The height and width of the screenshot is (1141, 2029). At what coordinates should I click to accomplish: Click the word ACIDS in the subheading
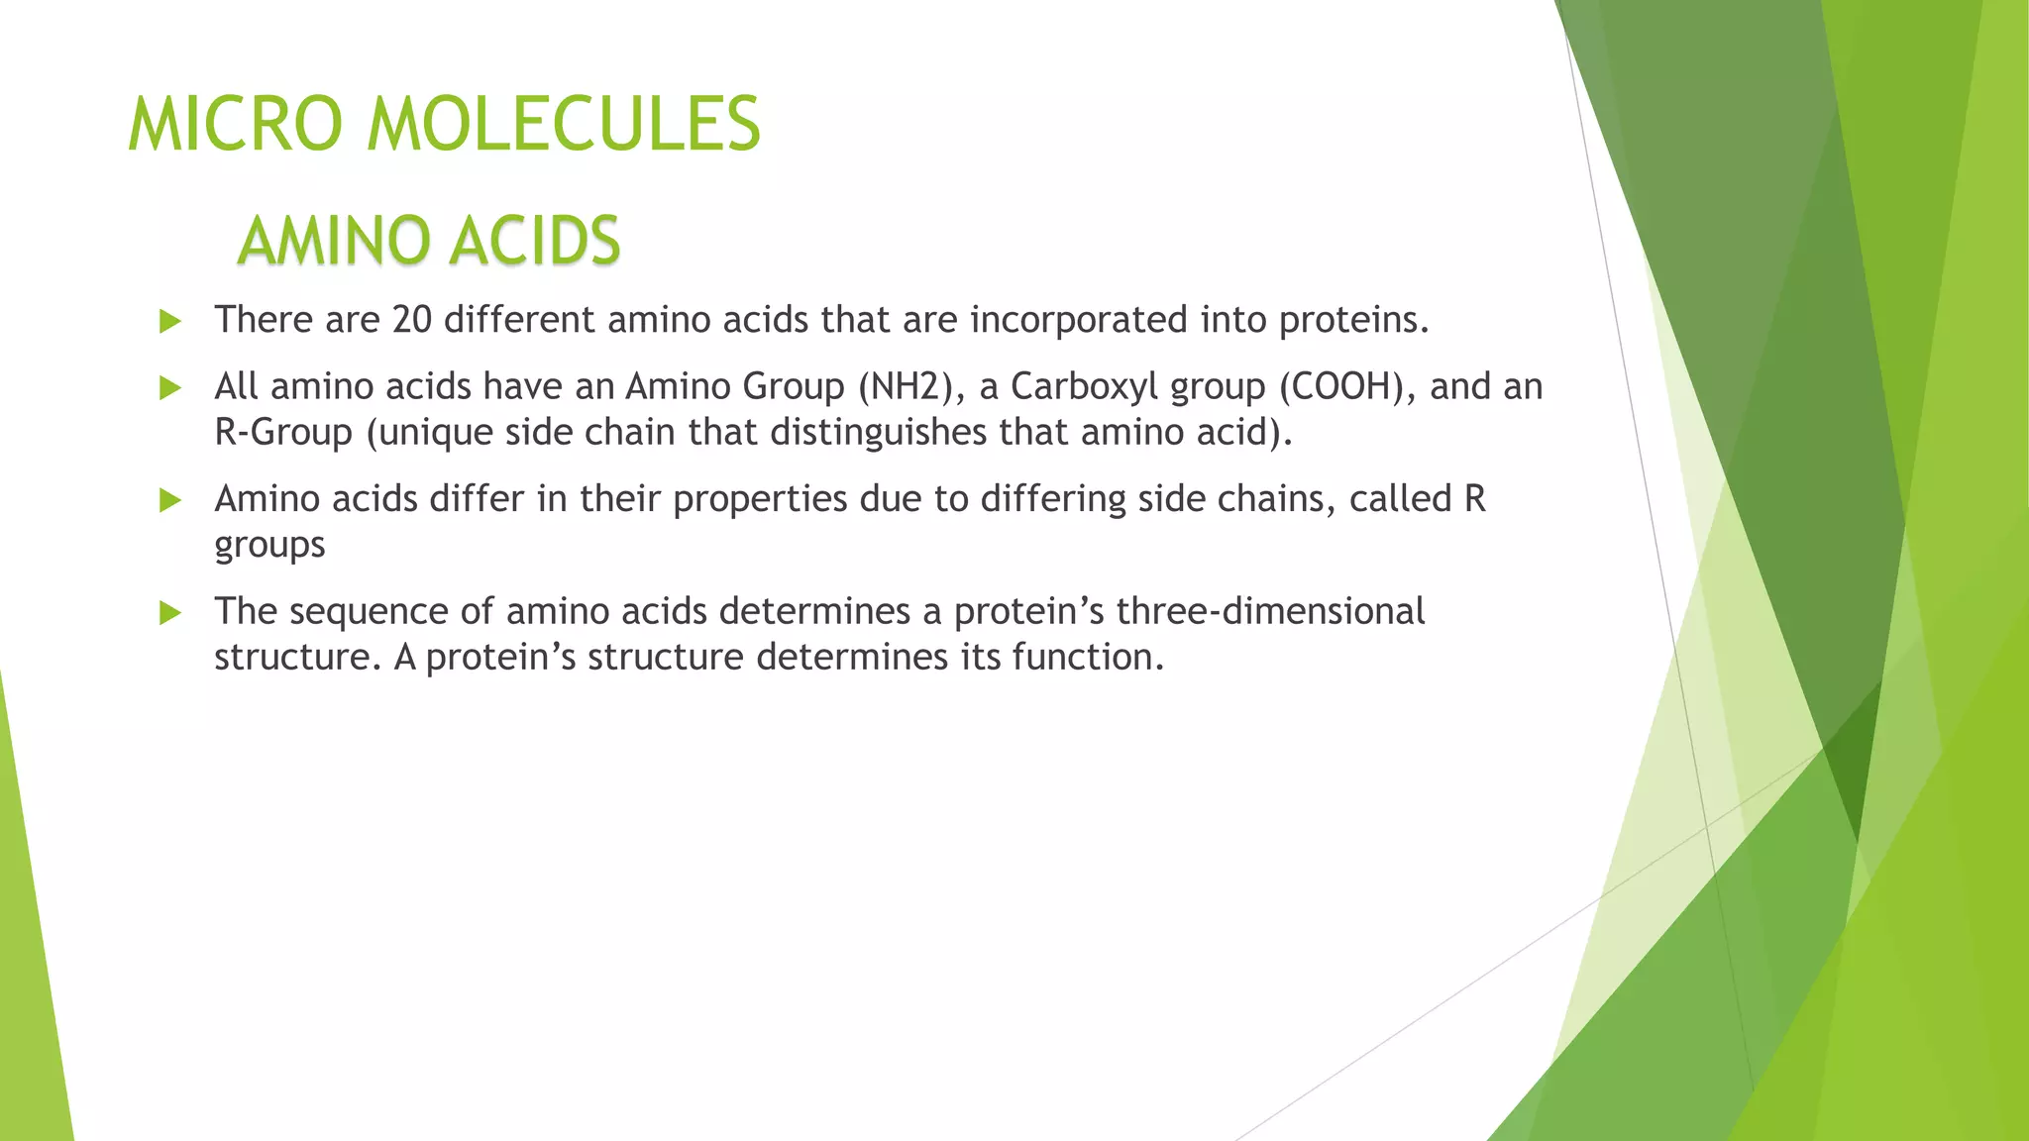tap(535, 241)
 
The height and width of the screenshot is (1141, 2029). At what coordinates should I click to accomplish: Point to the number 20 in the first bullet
tap(411, 320)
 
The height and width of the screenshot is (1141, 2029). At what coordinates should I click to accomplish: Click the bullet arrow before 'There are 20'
tap(170, 321)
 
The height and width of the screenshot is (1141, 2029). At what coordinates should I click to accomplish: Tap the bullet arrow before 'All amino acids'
tap(170, 387)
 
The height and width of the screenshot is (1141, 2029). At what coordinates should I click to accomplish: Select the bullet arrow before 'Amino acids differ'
tap(170, 500)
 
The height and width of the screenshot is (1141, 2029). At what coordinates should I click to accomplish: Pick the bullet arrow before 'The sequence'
tap(170, 613)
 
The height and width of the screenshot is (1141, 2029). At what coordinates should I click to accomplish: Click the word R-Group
tap(283, 433)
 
